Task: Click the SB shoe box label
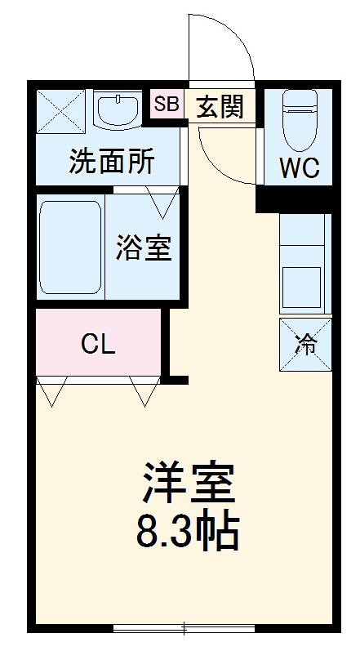(x=167, y=105)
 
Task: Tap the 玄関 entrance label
(x=218, y=106)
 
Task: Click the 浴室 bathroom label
(x=144, y=247)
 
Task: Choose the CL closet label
(x=98, y=344)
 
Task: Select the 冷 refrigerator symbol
(x=304, y=346)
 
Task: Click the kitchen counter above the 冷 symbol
(x=304, y=261)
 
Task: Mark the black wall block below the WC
(x=294, y=198)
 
